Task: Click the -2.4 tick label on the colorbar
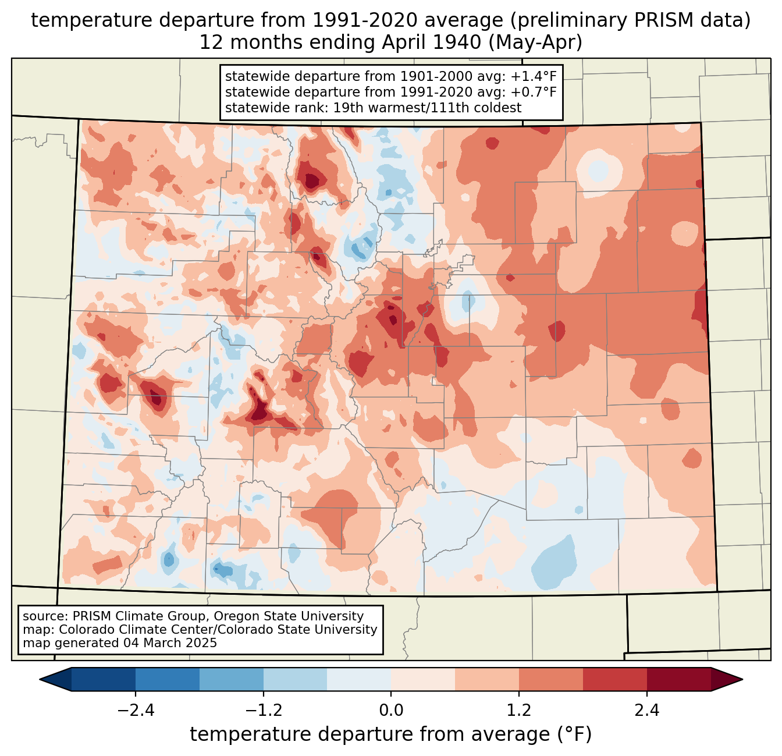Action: tap(136, 710)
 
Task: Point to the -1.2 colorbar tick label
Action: tap(264, 710)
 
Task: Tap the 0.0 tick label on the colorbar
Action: tap(391, 710)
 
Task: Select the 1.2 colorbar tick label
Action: tap(519, 710)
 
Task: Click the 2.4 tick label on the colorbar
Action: tap(647, 710)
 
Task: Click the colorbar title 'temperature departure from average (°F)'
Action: tap(391, 734)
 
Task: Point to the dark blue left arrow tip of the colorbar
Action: tap(40, 680)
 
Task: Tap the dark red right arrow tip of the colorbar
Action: tap(742, 680)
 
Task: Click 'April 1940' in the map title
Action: tap(431, 42)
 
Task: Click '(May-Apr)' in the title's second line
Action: tap(535, 42)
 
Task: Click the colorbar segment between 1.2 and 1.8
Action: tap(551, 680)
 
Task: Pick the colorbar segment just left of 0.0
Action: tap(359, 680)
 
